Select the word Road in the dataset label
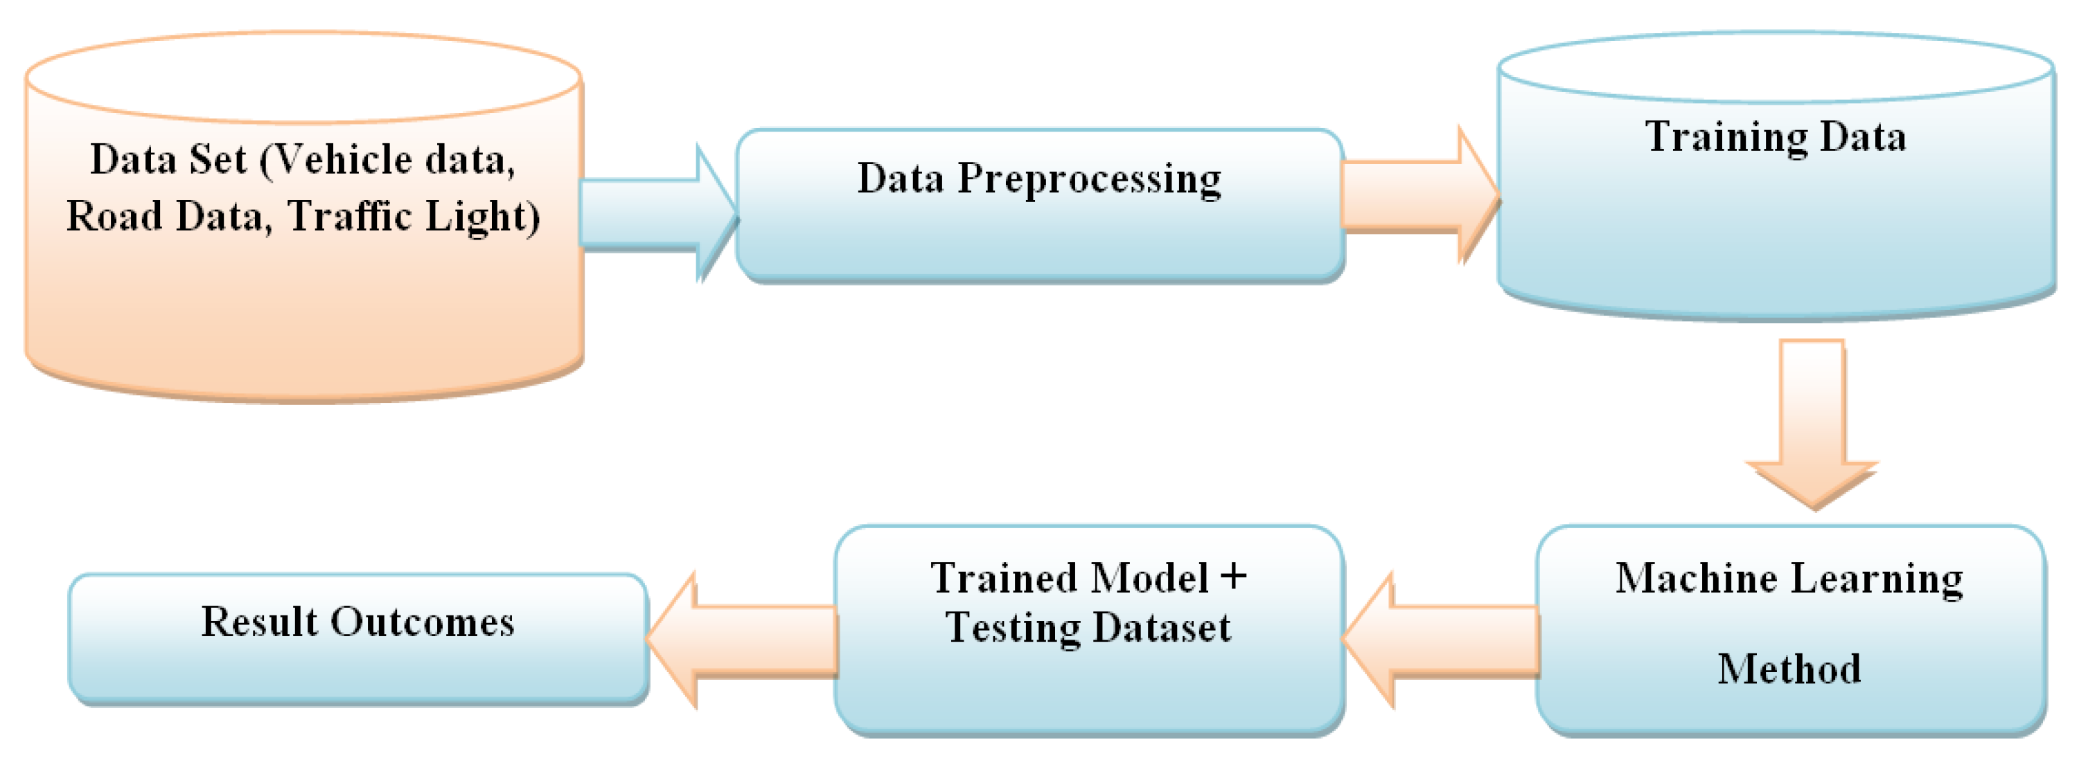click(x=114, y=216)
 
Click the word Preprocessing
click(x=1089, y=179)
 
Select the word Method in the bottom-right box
click(x=1789, y=669)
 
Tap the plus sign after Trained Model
click(x=1233, y=577)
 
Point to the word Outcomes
click(x=422, y=622)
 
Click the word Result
click(x=260, y=622)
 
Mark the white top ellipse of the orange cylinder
click(x=303, y=78)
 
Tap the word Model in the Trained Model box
click(x=1150, y=578)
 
